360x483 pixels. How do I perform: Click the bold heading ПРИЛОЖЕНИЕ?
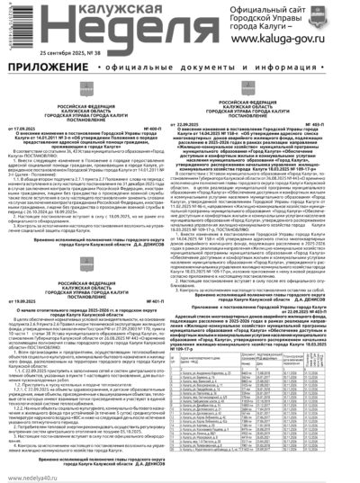click(44, 66)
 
